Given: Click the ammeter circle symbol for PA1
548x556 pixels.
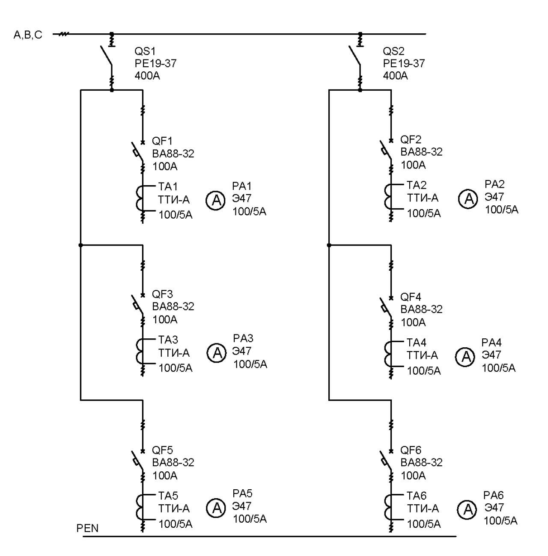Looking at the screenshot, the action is coord(215,200).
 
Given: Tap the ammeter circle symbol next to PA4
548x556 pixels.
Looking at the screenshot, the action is coord(465,357).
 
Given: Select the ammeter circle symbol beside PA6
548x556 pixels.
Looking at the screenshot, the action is coord(467,509).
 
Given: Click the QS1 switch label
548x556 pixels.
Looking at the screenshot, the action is coord(145,51).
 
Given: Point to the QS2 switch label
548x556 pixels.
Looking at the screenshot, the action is coord(393,51).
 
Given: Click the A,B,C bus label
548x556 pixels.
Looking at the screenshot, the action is coord(28,35).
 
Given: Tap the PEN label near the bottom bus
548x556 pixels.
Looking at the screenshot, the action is coord(87,528).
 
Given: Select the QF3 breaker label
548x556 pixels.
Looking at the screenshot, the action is coord(162,294).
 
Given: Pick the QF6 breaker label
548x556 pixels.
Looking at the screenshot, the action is coord(411,450).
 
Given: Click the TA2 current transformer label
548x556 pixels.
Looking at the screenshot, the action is coord(417,185).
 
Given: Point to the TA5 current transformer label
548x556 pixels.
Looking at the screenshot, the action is coord(168,496).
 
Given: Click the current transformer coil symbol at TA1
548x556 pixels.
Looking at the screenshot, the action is coord(140,198).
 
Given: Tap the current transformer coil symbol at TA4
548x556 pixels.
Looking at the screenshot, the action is coord(388,354).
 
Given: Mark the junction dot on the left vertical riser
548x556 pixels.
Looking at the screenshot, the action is coord(80,245).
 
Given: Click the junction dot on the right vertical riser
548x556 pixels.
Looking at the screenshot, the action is coord(329,245).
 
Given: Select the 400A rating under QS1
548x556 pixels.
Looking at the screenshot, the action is coord(147,76).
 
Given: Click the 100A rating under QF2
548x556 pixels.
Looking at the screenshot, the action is coord(413,165).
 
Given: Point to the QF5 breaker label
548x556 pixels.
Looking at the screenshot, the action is coord(162,450).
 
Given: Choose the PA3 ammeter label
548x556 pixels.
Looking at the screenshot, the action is coord(243,338).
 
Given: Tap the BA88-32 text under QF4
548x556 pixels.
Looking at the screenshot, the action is coord(421,309).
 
